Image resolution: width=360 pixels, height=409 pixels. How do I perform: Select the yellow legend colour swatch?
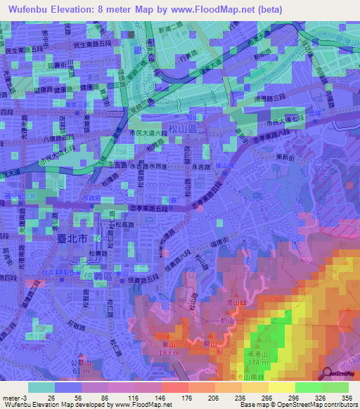282,387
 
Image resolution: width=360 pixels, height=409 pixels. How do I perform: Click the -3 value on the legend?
23,397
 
